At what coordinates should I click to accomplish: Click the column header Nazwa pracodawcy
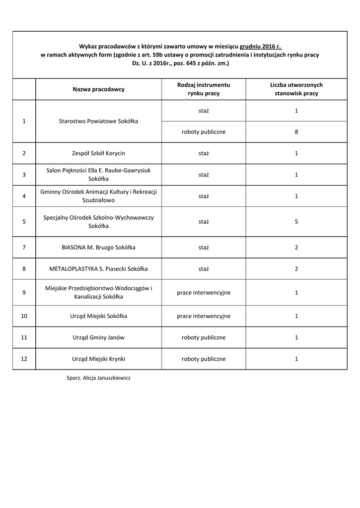98,89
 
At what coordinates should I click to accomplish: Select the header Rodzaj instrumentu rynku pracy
204,89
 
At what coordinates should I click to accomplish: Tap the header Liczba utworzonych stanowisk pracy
296,89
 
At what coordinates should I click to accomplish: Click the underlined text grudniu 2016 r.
260,46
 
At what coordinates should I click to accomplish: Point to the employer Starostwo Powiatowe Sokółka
98,121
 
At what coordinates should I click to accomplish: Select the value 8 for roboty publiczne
296,132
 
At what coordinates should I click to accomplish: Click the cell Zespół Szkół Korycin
98,153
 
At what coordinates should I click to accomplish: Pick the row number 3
24,175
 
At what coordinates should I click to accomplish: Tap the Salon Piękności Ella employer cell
98,175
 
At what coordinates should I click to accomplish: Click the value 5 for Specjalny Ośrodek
296,222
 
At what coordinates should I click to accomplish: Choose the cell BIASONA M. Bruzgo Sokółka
98,247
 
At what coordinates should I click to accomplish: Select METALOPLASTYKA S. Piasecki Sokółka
98,269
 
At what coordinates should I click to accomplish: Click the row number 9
24,293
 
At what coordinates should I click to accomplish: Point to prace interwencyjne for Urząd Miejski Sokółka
204,316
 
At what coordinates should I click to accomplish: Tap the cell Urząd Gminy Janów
98,337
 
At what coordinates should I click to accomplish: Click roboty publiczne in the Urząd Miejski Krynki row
204,359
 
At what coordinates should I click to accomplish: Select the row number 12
24,359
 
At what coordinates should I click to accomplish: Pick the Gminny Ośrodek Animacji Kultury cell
98,196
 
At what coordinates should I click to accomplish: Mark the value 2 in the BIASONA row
296,247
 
